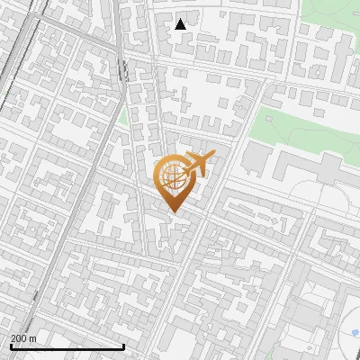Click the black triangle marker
click(181, 24)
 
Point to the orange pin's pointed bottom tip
click(173, 211)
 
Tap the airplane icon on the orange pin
click(199, 164)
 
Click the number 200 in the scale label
click(19, 338)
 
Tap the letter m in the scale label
click(32, 338)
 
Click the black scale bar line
click(67, 346)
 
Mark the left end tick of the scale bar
click(11, 345)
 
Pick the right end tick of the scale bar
click(123, 345)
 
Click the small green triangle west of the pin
click(122, 117)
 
